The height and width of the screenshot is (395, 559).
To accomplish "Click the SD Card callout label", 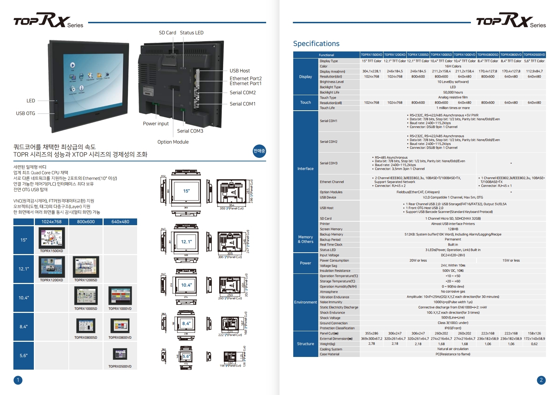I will click(167, 33).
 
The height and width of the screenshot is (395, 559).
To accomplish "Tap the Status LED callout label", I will click(191, 33).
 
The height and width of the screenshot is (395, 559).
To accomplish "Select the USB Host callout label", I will click(240, 71).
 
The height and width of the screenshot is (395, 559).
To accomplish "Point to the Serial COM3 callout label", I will click(190, 131).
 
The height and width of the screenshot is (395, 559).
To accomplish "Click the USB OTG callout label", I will click(25, 113).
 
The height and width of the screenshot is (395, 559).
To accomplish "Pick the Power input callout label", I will click(156, 124).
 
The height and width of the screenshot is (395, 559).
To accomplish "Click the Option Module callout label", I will click(173, 142).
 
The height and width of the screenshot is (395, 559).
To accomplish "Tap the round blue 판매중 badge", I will click(259, 151).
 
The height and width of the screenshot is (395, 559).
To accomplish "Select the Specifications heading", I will click(316, 44).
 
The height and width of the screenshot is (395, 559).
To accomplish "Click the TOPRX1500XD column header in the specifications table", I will click(371, 55).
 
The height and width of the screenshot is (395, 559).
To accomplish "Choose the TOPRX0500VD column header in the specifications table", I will click(534, 55).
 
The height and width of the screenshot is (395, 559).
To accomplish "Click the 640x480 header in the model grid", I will click(120, 222).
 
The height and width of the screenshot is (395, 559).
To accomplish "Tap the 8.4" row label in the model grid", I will click(24, 327).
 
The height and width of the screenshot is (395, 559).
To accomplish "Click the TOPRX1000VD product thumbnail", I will click(120, 296).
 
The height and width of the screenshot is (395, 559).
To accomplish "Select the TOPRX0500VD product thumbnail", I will click(120, 354).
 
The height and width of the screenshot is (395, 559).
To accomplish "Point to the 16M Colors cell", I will click(453, 66).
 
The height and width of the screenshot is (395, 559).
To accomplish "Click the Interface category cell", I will click(305, 169).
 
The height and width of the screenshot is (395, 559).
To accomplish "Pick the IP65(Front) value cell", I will click(453, 328).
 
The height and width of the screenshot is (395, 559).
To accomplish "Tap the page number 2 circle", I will click(541, 380).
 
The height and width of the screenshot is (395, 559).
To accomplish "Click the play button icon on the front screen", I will click(72, 65).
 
